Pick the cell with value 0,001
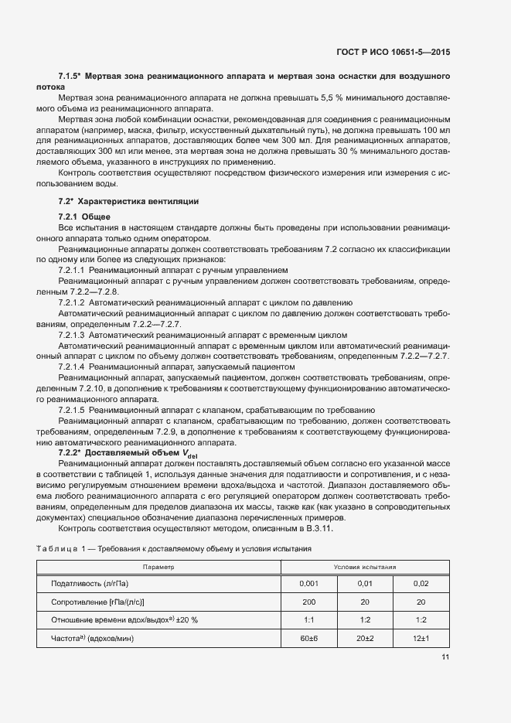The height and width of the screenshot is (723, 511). coord(308,584)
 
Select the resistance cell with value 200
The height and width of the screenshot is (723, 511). coord(308,602)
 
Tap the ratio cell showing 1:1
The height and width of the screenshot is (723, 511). coord(308,619)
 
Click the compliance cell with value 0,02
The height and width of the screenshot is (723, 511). coord(421,584)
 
